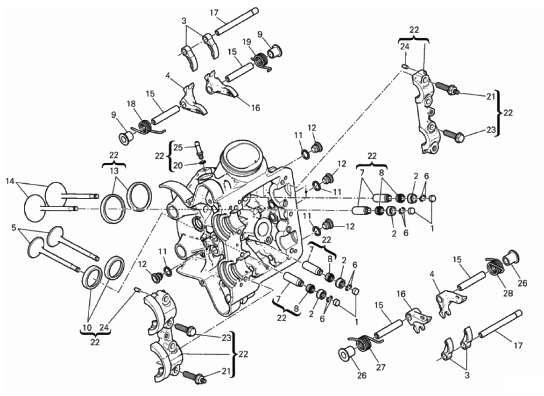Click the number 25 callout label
pos(178,147)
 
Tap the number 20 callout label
pos(178,166)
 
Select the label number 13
pos(114,171)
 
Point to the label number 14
pos(10,181)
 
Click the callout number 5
pos(14,228)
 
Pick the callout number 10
pos(87,327)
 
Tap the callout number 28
pos(508,293)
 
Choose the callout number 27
pos(381,367)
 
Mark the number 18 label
pos(131,104)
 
